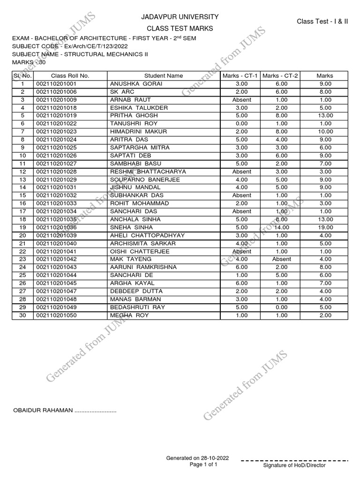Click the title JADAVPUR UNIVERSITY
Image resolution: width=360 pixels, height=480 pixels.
pos(180,17)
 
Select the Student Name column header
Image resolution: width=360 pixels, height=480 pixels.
pos(164,75)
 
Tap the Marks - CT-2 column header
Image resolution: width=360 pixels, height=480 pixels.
pos(281,75)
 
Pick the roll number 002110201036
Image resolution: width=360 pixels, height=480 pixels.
pos(56,227)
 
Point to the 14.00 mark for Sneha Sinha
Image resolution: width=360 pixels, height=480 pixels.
pos(281,227)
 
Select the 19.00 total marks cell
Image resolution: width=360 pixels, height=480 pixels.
pos(324,227)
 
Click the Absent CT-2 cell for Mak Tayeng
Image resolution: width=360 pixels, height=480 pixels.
pos(281,259)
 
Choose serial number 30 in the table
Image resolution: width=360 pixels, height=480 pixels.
pos(22,315)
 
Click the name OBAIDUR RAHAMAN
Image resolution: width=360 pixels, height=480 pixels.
pos(45,411)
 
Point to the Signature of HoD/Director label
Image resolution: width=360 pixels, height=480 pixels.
pos(294,465)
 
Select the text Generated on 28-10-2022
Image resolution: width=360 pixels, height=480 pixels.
pos(197,457)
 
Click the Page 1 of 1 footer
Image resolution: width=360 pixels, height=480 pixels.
pos(203,465)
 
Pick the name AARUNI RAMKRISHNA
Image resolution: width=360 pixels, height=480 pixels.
pos(143,267)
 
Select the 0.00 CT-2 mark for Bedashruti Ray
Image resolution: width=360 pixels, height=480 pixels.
pos(281,307)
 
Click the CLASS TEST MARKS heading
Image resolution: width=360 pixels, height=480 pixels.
pos(180,29)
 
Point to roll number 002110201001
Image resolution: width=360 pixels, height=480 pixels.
pos(56,83)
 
